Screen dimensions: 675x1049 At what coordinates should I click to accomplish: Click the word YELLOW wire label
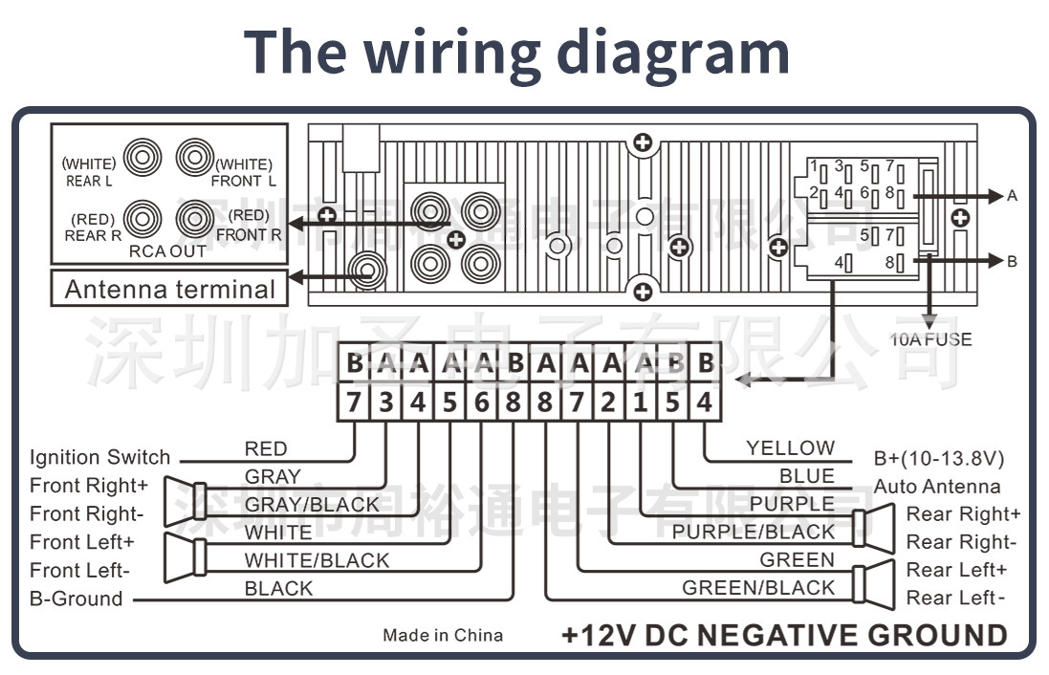click(x=790, y=447)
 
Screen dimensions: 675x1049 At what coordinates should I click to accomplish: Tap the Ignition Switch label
click(x=99, y=457)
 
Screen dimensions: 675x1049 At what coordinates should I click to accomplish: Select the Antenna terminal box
click(x=169, y=289)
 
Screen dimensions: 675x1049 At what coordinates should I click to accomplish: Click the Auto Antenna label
click(x=936, y=486)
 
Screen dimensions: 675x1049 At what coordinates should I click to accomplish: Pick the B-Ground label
click(x=76, y=599)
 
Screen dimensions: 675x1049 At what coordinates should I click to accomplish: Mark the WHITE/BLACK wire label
click(x=317, y=560)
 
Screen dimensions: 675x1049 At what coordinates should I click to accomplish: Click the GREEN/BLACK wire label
click(x=758, y=588)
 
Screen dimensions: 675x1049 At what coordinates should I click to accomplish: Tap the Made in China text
click(x=443, y=636)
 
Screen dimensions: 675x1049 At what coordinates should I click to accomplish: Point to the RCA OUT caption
click(x=168, y=251)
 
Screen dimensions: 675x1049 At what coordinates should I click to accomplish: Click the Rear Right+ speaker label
click(x=963, y=514)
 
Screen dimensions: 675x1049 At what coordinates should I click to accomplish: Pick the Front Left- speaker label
click(x=79, y=571)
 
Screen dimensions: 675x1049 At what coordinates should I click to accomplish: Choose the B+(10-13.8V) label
click(x=939, y=457)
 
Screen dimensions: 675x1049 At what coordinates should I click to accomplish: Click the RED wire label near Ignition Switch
click(x=265, y=448)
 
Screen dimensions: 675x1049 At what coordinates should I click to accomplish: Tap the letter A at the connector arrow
click(x=1013, y=196)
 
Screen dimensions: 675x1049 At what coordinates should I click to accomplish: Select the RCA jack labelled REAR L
click(x=142, y=157)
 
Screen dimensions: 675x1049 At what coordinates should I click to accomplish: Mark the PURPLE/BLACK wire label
click(x=754, y=532)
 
